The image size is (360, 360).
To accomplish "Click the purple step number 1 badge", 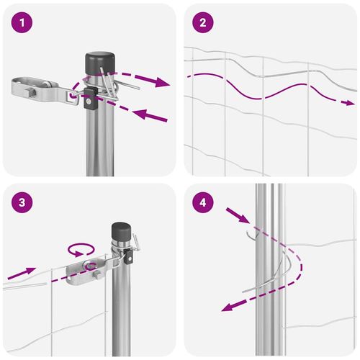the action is click(22, 22).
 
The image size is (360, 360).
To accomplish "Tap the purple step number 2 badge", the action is click(203, 22).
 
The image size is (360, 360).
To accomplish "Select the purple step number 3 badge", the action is click(22, 202).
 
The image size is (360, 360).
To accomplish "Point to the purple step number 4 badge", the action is click(203, 202).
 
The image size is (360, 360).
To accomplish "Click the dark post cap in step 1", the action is click(100, 63).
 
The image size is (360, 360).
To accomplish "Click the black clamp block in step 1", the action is click(90, 99).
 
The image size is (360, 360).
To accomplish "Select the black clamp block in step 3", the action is click(128, 256).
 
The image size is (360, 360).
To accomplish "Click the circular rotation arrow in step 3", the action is click(81, 250).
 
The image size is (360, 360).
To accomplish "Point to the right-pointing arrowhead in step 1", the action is click(162, 82).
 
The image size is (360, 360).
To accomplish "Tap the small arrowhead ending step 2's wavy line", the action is click(350, 103).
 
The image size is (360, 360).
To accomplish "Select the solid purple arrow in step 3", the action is click(22, 273).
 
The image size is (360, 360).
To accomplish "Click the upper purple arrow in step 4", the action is click(238, 215).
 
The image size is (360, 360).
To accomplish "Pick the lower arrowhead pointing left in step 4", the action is click(228, 307).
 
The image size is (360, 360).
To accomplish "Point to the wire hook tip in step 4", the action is click(247, 232).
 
